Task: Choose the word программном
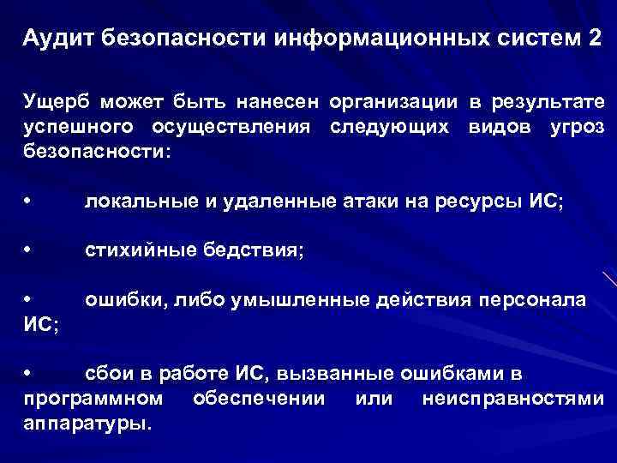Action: [93, 398]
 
